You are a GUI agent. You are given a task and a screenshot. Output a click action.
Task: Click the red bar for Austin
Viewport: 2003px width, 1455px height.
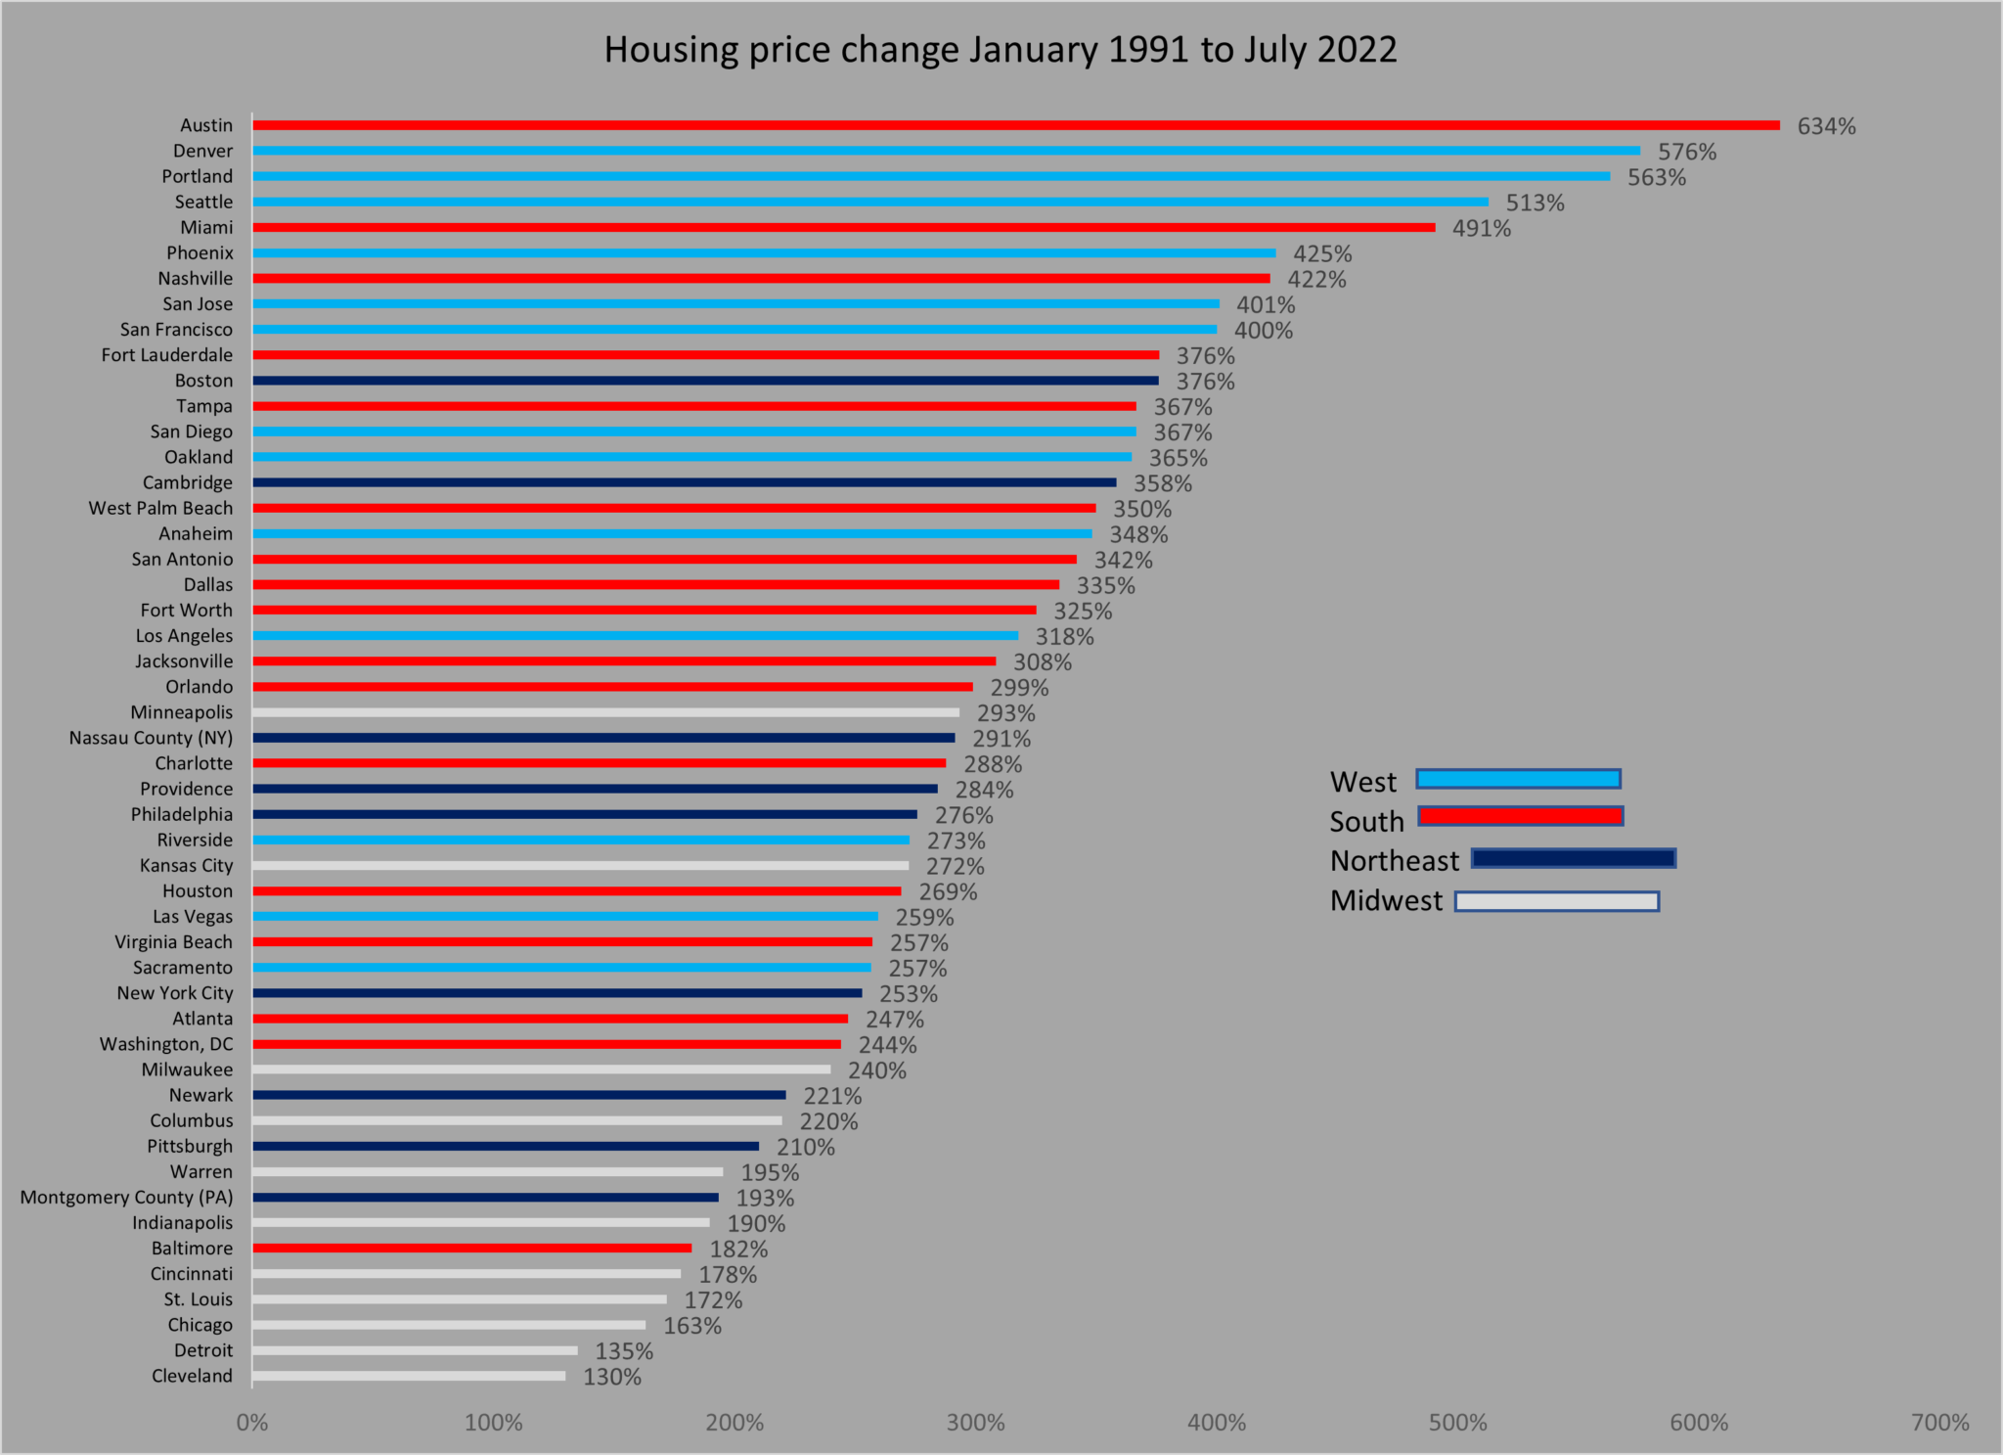pyautogui.click(x=1015, y=125)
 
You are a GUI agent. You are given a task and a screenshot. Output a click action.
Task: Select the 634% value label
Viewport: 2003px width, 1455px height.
pyautogui.click(x=1826, y=126)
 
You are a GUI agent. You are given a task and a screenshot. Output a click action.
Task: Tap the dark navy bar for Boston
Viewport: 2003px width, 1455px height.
pyautogui.click(x=705, y=381)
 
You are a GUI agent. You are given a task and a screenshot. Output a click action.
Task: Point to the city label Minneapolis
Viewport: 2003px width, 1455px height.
pyautogui.click(x=182, y=712)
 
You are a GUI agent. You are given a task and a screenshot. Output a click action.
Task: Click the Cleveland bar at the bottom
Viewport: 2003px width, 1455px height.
pyautogui.click(x=409, y=1376)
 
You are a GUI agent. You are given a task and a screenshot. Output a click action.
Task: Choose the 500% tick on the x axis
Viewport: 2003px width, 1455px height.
pyautogui.click(x=1457, y=1423)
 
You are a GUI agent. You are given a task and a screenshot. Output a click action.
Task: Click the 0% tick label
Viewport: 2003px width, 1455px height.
pyautogui.click(x=252, y=1423)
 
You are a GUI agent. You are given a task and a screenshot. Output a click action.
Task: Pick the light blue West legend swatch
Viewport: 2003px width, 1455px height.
pyautogui.click(x=1518, y=779)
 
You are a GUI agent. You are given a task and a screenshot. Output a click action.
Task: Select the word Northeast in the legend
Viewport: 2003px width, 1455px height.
pyautogui.click(x=1394, y=861)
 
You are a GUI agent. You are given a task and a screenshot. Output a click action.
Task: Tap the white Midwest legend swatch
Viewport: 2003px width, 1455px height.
pyautogui.click(x=1556, y=901)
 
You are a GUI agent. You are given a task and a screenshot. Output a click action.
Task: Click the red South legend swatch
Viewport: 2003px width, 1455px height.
pyautogui.click(x=1521, y=816)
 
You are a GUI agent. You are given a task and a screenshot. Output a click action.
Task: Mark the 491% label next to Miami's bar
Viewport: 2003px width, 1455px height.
pyautogui.click(x=1481, y=228)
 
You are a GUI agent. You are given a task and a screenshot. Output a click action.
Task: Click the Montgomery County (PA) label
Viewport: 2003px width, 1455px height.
pyautogui.click(x=126, y=1197)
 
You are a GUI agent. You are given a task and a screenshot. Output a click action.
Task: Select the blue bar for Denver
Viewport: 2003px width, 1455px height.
pyautogui.click(x=946, y=151)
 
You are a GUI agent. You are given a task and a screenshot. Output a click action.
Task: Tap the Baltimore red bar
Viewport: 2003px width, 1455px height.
pyautogui.click(x=471, y=1249)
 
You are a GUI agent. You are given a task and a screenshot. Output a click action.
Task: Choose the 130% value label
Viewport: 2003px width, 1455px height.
pyautogui.click(x=612, y=1377)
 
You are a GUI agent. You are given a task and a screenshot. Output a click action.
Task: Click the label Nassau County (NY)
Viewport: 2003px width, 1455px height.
pyautogui.click(x=151, y=738)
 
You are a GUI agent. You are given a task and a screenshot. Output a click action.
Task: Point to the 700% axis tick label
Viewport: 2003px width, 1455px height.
pyautogui.click(x=1939, y=1423)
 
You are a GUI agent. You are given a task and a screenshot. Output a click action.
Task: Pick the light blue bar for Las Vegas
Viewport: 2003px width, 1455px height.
pyautogui.click(x=565, y=917)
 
